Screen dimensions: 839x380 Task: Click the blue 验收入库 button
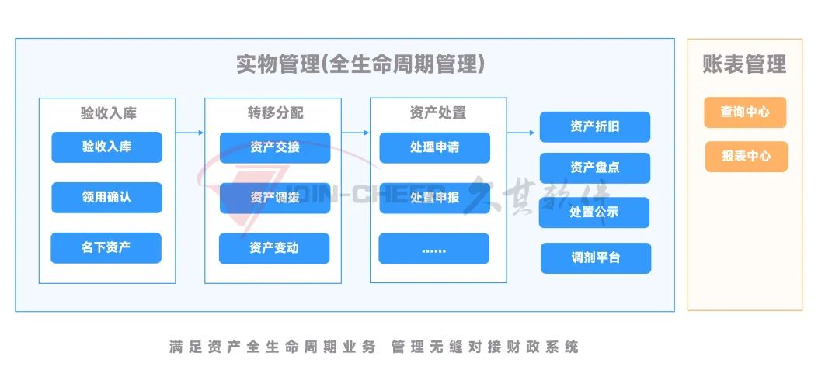click(106, 147)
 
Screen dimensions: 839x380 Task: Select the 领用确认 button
click(106, 197)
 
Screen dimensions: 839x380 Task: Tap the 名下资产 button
click(106, 247)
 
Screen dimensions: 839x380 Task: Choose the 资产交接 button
click(275, 147)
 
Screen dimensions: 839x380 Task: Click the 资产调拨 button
click(275, 198)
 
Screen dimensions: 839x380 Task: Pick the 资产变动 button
click(274, 248)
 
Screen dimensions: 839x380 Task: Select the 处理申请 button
click(434, 147)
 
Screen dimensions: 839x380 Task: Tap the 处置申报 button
click(434, 198)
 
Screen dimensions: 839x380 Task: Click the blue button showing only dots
click(434, 248)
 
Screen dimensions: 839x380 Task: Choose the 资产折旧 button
click(595, 126)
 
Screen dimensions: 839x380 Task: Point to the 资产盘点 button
click(595, 168)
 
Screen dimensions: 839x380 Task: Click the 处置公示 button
click(594, 212)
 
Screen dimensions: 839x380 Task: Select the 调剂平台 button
click(596, 258)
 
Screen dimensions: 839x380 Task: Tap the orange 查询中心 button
click(745, 112)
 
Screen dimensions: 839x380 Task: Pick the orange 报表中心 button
click(747, 157)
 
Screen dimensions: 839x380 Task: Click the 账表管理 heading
click(745, 64)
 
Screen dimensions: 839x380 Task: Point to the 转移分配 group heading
click(275, 112)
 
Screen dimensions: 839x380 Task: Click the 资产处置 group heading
click(437, 112)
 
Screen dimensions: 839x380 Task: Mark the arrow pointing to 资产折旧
click(520, 133)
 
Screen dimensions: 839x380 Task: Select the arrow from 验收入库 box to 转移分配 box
click(190, 133)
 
